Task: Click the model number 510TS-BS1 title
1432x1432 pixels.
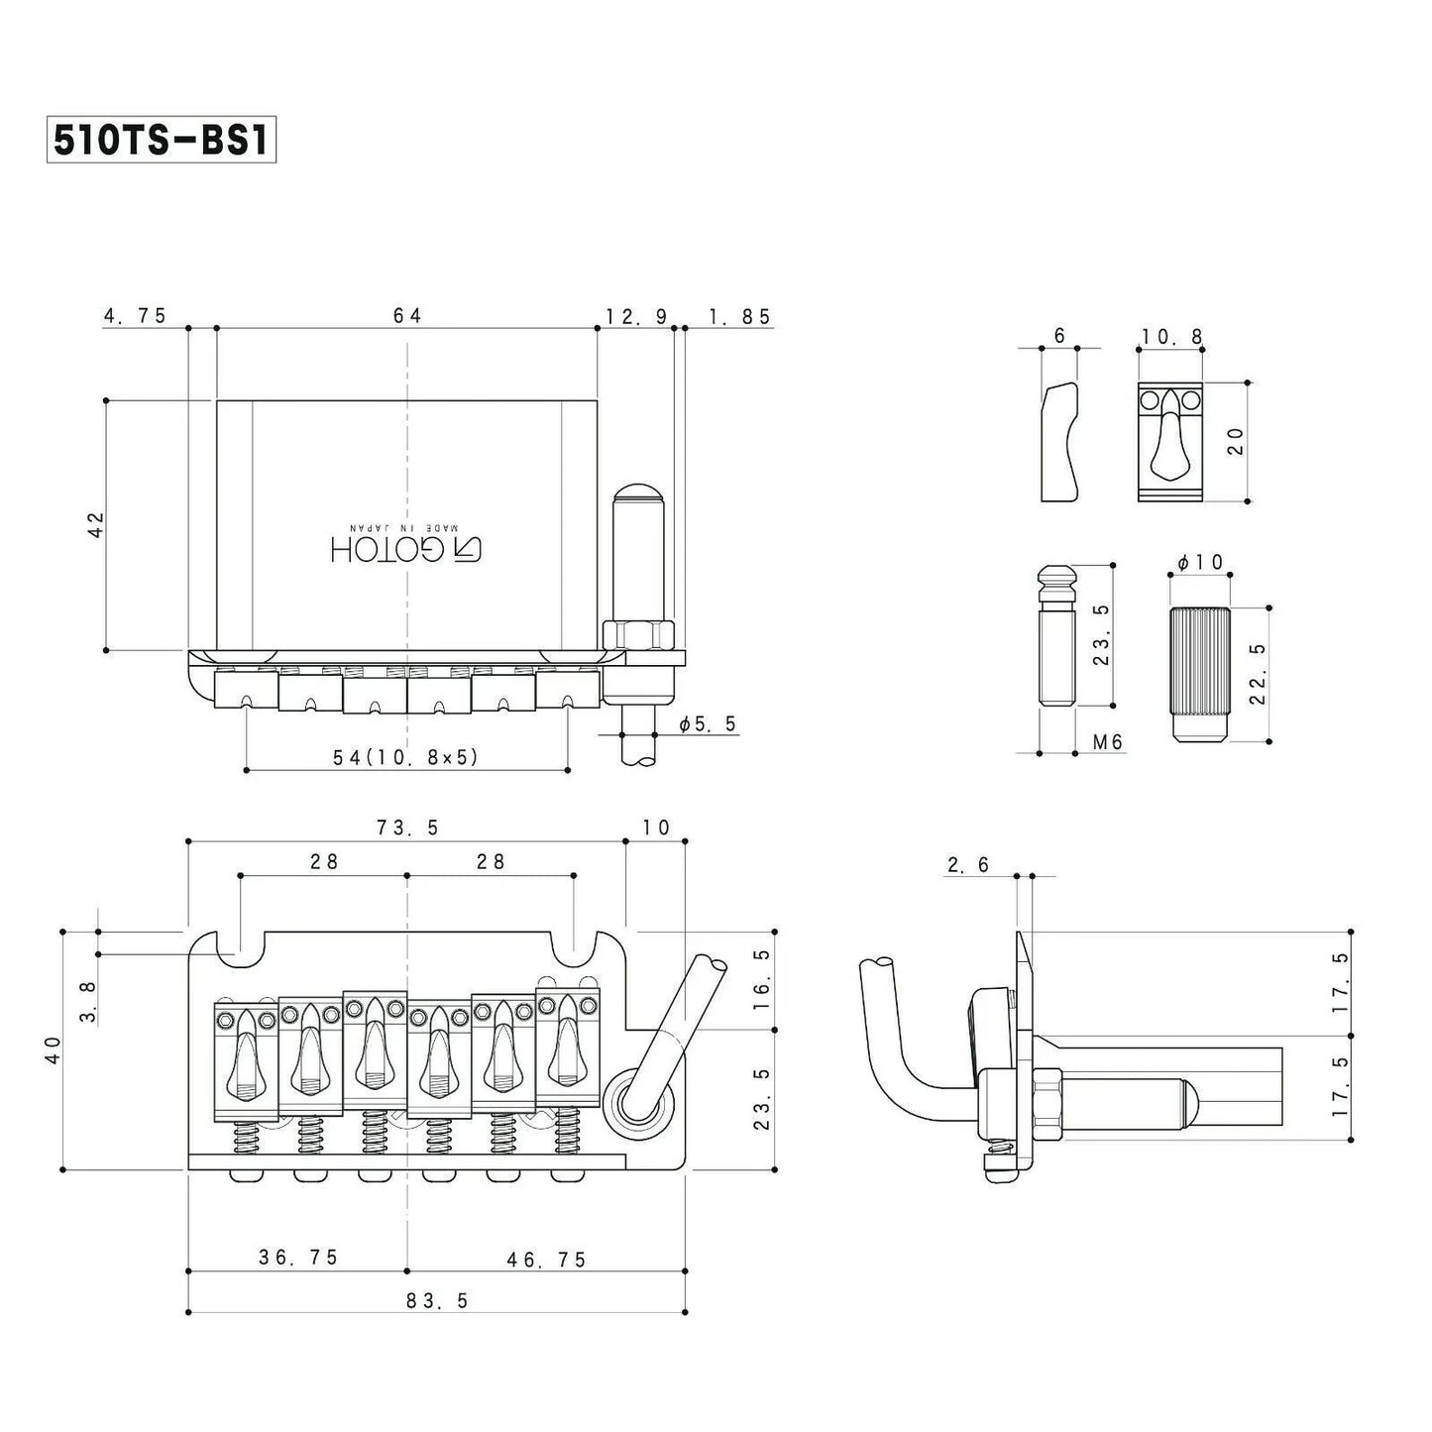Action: [161, 141]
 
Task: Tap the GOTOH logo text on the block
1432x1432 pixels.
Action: [405, 548]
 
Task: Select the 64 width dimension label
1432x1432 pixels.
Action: [407, 315]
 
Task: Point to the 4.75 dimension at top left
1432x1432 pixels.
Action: [136, 315]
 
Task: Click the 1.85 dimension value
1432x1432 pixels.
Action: [739, 316]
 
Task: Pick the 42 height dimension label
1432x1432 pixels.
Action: [96, 524]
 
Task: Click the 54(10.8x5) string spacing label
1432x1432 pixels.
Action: [405, 756]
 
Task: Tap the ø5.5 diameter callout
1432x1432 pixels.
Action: [708, 723]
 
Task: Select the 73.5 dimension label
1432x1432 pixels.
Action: [407, 826]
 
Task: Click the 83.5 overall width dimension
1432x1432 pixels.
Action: [437, 1300]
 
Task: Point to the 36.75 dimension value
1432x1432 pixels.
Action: [298, 1258]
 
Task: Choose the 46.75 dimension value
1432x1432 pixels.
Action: [546, 1260]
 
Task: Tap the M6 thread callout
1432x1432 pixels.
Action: [1108, 741]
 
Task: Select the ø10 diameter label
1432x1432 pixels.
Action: [1200, 563]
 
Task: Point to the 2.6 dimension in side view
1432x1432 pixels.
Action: [968, 865]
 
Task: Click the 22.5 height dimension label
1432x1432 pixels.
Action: [1258, 673]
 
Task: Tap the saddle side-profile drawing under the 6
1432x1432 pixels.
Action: [1059, 441]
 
